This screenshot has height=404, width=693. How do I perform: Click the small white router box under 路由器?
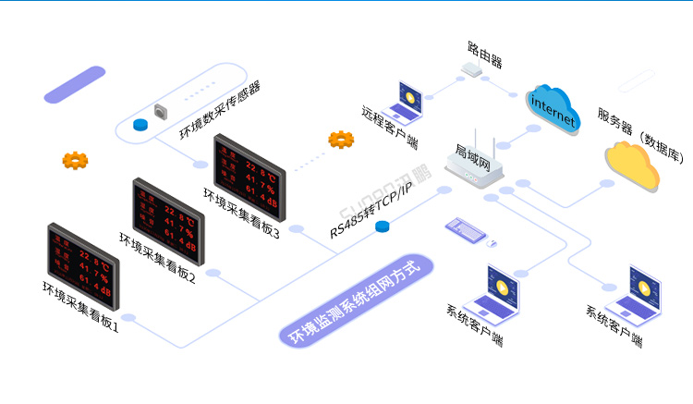473,69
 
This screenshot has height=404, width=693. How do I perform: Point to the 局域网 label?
473,148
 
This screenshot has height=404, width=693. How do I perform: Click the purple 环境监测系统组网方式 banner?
356,300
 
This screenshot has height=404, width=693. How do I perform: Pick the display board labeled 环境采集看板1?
82,263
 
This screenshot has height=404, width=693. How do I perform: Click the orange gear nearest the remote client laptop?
341,141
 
